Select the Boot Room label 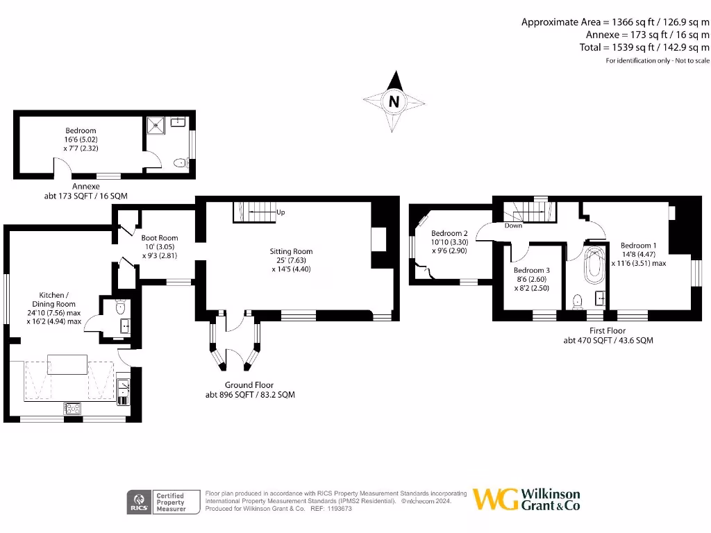click(x=160, y=238)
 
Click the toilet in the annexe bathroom click(x=181, y=163)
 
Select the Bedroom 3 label click(x=532, y=270)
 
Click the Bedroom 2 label click(x=449, y=233)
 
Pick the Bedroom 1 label click(x=638, y=246)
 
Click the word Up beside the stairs click(x=281, y=212)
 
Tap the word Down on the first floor click(x=513, y=226)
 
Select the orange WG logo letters click(x=495, y=499)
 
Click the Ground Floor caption click(x=249, y=385)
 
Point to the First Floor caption click(x=608, y=330)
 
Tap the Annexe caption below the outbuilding click(x=85, y=186)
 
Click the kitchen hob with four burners click(x=72, y=408)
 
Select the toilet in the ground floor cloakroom click(x=119, y=306)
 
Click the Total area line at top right click(x=644, y=47)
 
